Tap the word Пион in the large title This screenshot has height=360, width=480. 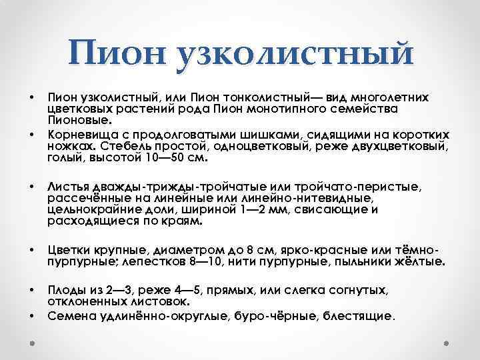[119, 53]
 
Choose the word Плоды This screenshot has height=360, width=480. [67, 291]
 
